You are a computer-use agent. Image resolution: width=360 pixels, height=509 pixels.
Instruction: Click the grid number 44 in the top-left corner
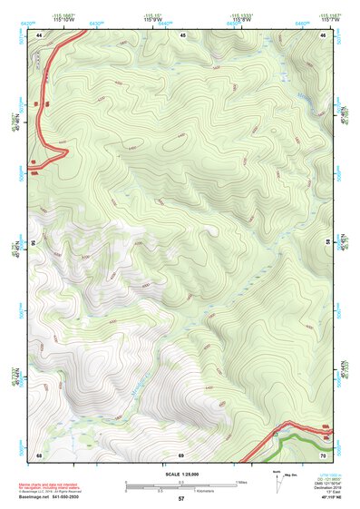[39, 34]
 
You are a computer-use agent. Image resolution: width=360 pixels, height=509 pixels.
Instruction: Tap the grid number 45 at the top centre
[181, 34]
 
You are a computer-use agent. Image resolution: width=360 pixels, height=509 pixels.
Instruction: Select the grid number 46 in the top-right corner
[324, 34]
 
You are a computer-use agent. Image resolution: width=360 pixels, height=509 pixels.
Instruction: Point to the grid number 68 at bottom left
[39, 454]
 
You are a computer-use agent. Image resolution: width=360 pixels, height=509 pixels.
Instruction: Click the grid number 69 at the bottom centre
[181, 454]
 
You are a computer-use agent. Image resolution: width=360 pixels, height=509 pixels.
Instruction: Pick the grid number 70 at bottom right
[324, 454]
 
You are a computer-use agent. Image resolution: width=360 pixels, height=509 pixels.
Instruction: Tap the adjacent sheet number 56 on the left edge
[34, 243]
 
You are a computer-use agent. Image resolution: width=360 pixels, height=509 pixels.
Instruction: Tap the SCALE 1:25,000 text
[181, 473]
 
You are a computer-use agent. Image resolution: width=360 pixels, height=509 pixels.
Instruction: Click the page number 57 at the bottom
[181, 500]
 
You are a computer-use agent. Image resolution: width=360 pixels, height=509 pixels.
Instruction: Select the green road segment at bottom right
[299, 439]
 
